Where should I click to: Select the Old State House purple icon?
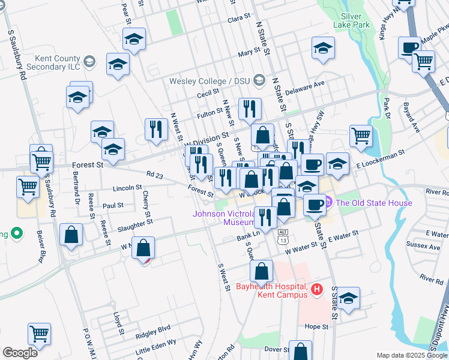pos(328,203)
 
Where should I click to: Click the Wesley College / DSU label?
pos(210,81)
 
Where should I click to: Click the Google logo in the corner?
pos(20,353)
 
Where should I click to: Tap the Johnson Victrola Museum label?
pos(223,218)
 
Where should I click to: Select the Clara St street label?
pos(239,19)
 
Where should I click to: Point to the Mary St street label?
pos(248,53)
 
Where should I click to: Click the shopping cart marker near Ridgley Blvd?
pos(39,333)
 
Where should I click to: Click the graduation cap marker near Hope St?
pos(348,297)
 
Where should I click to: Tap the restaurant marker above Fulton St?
pos(250,109)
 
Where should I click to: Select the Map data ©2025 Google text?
pos(411,355)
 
